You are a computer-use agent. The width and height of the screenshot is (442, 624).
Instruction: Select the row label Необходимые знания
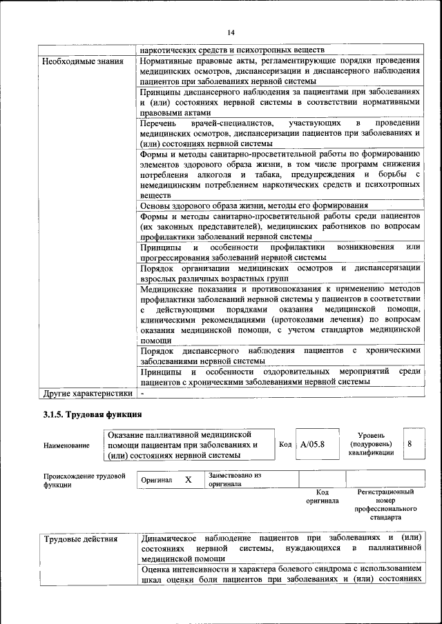point(83,61)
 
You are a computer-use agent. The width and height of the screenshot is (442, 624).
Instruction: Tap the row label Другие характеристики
point(86,394)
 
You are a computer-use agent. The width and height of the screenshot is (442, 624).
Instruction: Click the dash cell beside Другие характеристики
point(142,394)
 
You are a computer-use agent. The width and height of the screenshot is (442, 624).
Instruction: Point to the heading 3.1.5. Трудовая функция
point(93,414)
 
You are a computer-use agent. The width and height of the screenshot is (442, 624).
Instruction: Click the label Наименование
point(66,445)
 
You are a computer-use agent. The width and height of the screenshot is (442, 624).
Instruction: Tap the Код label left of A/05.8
point(285,444)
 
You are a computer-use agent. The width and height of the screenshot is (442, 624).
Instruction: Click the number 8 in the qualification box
point(410,444)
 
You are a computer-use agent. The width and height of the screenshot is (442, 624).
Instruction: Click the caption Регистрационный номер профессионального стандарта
point(385,505)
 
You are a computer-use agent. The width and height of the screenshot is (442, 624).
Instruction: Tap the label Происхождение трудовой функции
point(84,480)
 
